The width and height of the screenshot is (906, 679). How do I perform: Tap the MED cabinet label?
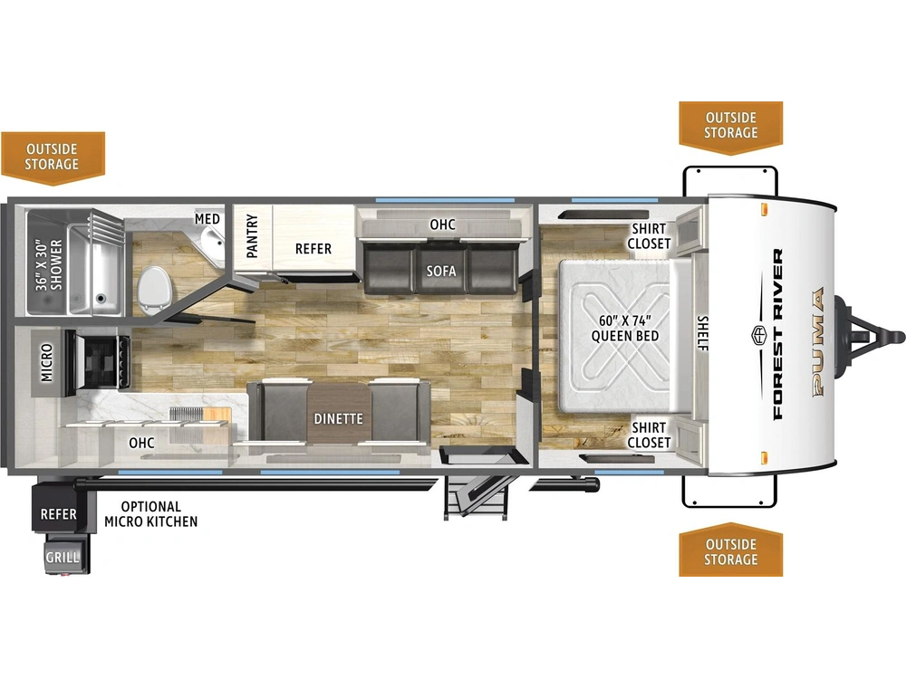coord(207,219)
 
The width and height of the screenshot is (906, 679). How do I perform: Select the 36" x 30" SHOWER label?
coord(49,265)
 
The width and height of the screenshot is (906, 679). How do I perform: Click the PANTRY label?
coord(252,235)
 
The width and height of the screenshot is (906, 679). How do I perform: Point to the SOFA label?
coord(441,271)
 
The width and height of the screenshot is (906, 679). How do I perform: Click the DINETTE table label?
coord(339,418)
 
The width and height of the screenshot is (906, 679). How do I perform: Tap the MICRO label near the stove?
coord(47,363)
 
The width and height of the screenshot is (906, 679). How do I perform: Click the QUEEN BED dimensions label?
coord(624,328)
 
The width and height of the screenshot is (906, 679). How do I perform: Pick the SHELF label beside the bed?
coord(703,333)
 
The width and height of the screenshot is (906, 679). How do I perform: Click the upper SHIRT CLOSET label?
coord(649,236)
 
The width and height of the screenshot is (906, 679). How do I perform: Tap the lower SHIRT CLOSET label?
coord(649,435)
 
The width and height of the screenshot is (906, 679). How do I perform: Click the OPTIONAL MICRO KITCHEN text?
coord(150,514)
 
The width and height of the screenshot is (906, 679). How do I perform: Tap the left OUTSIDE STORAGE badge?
coord(53,158)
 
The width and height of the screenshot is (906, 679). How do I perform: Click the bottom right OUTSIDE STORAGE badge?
coord(731,550)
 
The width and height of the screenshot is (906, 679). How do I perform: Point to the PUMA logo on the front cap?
coord(819,342)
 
